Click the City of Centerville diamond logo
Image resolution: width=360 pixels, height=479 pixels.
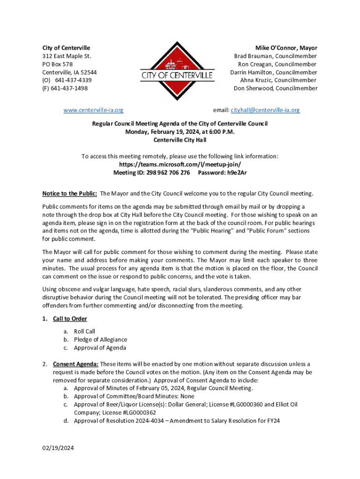click(177, 72)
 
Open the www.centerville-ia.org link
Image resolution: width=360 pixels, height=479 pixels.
click(94, 110)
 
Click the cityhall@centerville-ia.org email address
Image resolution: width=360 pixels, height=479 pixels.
click(265, 110)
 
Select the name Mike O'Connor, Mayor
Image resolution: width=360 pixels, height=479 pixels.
click(286, 48)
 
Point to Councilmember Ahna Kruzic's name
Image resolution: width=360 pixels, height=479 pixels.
click(275, 80)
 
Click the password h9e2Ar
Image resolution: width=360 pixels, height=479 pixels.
click(237, 172)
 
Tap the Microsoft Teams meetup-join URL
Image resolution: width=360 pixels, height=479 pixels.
click(180, 164)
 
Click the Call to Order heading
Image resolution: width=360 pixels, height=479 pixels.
click(70, 319)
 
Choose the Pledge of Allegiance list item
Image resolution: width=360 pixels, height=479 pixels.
click(101, 340)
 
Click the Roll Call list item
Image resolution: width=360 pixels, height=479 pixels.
click(85, 332)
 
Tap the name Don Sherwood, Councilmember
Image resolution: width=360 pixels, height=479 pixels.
click(275, 88)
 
